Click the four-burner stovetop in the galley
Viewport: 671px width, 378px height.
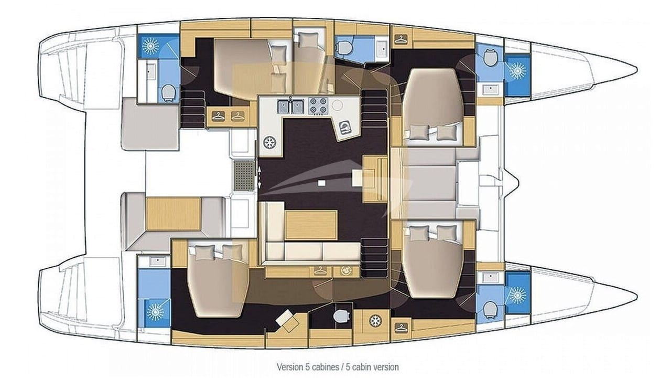(318, 106)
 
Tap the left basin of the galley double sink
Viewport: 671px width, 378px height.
(283, 107)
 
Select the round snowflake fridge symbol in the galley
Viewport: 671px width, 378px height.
(270, 142)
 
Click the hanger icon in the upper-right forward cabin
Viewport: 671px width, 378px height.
(401, 39)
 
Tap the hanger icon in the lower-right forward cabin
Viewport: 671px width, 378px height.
(401, 328)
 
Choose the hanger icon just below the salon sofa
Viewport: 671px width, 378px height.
(320, 271)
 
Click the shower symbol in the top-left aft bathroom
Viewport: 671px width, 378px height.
(150, 46)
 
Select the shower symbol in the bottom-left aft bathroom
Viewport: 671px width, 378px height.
(155, 312)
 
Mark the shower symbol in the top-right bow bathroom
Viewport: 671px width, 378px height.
(517, 71)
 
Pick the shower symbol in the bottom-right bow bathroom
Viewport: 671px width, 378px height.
(517, 295)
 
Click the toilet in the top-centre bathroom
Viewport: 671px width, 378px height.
(343, 48)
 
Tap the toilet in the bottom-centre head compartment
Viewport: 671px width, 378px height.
(341, 316)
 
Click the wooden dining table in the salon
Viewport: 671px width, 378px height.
(311, 225)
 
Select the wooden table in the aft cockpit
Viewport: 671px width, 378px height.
(173, 214)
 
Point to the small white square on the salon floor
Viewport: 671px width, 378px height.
(321, 183)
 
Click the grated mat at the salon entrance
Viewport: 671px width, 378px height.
(244, 176)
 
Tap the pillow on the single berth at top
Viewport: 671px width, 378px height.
(309, 39)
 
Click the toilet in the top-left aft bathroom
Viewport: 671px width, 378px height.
(169, 92)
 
